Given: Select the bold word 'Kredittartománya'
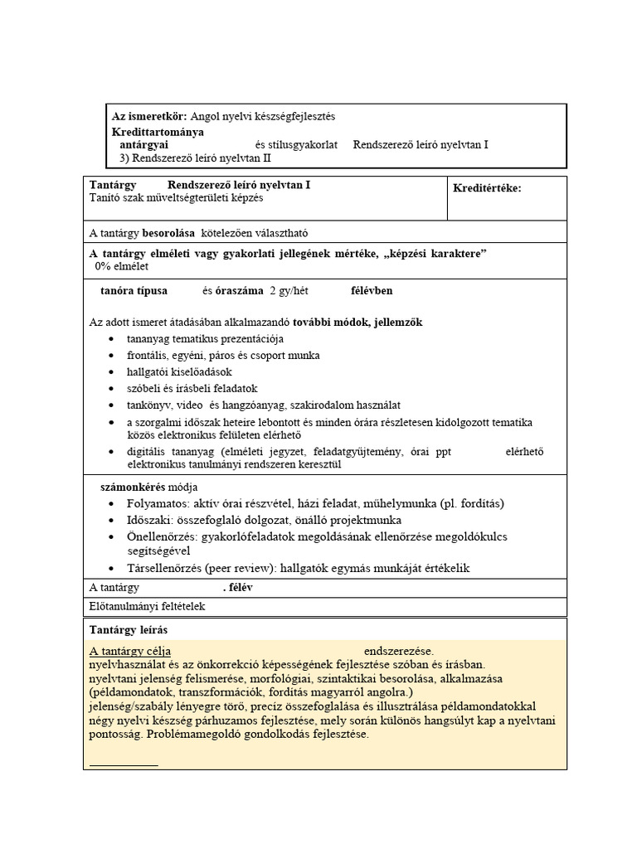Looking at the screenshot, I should click(158, 131).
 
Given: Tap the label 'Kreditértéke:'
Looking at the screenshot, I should click(487, 188).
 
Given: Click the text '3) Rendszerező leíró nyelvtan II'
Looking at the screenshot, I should click(196, 158).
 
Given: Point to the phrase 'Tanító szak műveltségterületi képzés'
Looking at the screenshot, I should click(177, 198).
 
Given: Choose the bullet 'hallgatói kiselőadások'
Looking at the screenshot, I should click(179, 371).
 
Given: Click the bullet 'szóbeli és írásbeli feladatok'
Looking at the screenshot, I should click(192, 388).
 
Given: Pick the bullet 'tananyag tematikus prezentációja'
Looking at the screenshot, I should click(205, 339).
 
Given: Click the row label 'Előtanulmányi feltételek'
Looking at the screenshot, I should click(146, 606).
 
